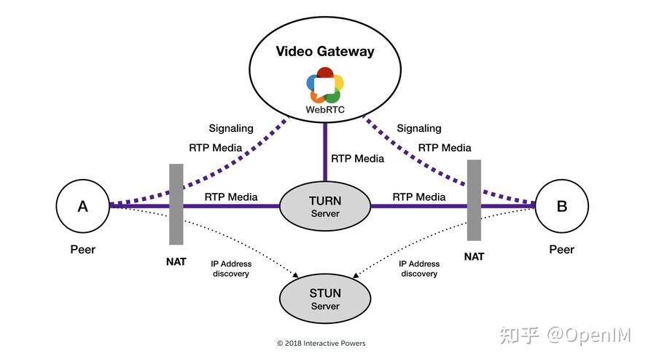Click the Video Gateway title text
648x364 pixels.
point(324,51)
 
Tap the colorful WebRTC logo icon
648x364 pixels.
point(324,85)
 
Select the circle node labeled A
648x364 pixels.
point(82,206)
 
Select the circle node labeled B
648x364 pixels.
point(561,206)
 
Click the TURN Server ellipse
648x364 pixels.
point(325,206)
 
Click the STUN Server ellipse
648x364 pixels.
point(325,299)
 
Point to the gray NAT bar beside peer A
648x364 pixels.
point(176,204)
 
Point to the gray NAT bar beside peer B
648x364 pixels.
point(475,200)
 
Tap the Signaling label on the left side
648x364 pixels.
point(231,128)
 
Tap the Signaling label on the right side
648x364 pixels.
point(419,128)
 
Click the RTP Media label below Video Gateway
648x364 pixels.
point(357,158)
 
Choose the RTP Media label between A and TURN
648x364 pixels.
point(231,197)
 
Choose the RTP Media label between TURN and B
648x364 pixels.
point(419,197)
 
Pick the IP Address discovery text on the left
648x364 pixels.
point(231,269)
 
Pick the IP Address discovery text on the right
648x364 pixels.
point(419,269)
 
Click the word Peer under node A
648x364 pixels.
point(82,250)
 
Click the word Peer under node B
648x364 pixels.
point(561,250)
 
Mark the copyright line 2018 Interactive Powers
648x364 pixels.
point(321,343)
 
